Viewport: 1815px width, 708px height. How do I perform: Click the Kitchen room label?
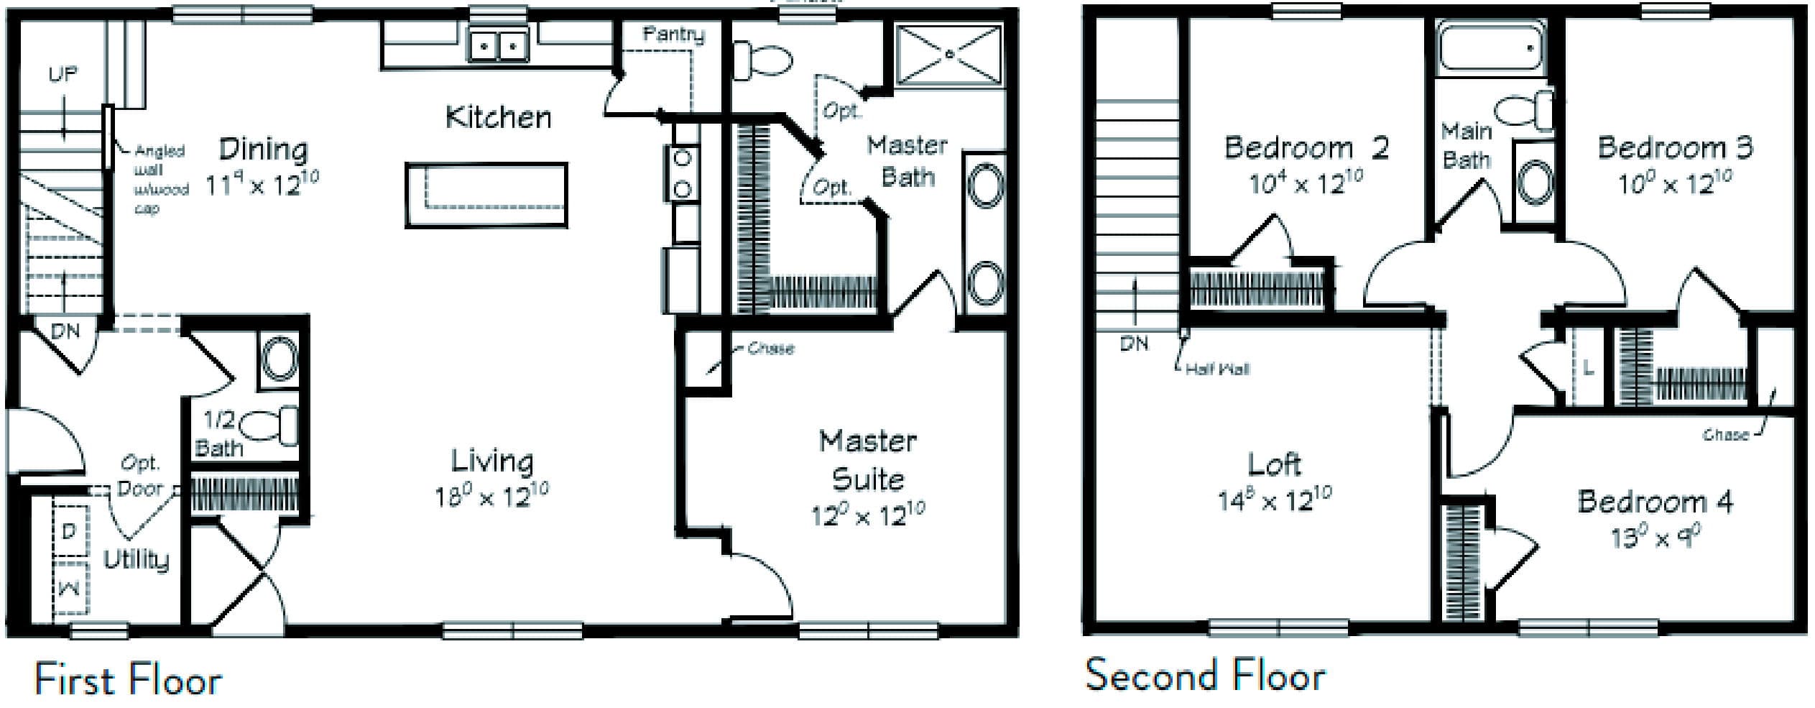pos(498,117)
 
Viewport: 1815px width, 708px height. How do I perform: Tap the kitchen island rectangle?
pos(486,195)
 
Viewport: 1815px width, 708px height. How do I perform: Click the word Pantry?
pos(673,34)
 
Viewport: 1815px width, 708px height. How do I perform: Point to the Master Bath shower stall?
pos(949,54)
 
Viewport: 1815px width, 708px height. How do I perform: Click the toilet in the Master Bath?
pos(763,59)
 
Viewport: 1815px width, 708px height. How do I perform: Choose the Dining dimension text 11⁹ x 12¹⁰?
pos(262,184)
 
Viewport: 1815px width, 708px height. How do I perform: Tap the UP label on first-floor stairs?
pos(63,74)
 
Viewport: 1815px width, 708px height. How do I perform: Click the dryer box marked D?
pos(70,531)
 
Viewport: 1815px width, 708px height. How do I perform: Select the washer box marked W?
pos(70,589)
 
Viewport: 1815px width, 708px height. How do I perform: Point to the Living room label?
pos(492,461)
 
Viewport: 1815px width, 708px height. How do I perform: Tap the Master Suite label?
pos(868,460)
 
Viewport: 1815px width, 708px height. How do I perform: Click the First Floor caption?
pos(128,680)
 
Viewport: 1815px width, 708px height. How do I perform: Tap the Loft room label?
pos(1274,464)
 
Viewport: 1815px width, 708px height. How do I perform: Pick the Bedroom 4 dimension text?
pos(1655,537)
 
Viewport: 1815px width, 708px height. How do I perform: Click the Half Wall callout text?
pos(1217,369)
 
